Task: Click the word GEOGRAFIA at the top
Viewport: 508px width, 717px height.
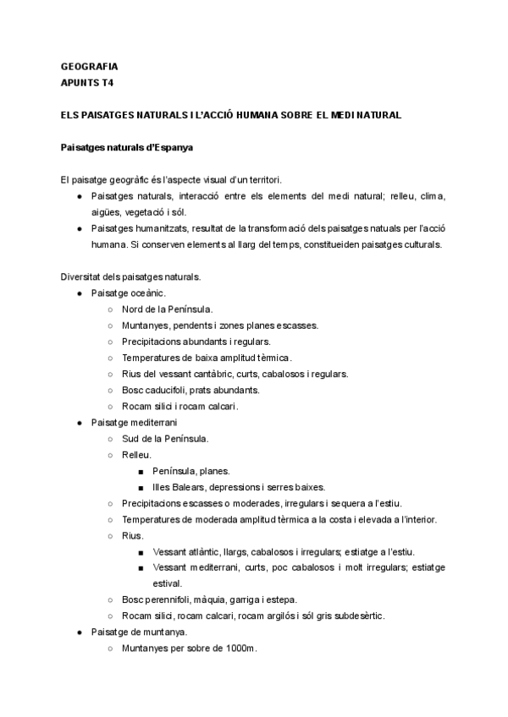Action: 90,66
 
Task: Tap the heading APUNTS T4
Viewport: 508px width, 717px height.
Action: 88,83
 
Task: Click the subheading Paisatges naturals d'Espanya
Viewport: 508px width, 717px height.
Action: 127,147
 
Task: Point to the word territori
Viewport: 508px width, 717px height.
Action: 261,180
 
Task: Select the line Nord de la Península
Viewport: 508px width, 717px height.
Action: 167,309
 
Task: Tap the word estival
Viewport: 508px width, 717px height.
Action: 167,583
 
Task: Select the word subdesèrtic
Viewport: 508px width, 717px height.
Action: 356,616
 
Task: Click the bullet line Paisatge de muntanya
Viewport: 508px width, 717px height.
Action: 140,632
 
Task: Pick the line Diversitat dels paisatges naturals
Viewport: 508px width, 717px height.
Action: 130,276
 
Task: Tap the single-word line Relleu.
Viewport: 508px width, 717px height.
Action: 137,455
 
